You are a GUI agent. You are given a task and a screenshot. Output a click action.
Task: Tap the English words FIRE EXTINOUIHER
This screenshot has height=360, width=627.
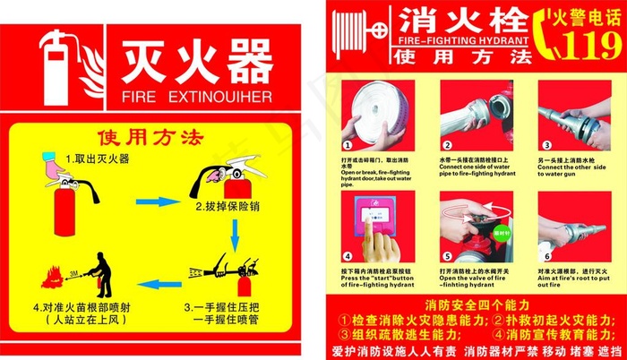(195, 94)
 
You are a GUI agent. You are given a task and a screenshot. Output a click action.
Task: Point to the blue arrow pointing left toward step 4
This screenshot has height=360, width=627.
(159, 285)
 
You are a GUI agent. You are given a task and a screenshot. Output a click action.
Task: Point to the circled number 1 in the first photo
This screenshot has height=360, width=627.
(348, 144)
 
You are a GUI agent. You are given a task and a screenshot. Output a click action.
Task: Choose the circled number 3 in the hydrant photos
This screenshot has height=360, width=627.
(545, 144)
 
